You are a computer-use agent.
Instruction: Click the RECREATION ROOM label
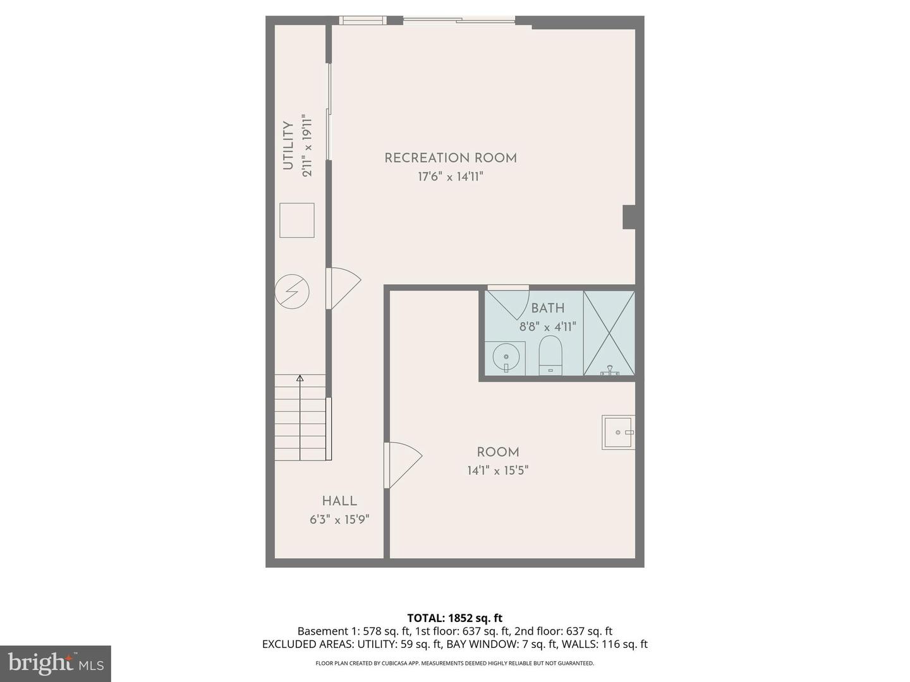(451, 158)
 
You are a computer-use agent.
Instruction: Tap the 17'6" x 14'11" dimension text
(451, 177)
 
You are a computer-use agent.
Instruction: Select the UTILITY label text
(288, 146)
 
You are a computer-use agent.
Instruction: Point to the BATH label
(547, 308)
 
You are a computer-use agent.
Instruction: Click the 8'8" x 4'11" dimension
(547, 327)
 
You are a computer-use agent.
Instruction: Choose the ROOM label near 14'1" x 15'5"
(498, 452)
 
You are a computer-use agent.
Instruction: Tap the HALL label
(339, 501)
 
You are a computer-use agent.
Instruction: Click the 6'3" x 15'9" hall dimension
(339, 520)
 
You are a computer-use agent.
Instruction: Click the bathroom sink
(506, 358)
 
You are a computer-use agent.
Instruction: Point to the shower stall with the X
(609, 333)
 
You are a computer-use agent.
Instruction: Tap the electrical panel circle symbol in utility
(292, 291)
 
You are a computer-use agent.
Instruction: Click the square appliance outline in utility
(296, 220)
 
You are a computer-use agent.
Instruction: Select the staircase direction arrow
(300, 379)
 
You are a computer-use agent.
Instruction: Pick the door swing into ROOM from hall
(402, 464)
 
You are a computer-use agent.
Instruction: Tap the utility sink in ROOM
(617, 433)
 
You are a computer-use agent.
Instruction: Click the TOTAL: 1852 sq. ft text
(455, 618)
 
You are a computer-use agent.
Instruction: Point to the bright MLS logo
(56, 663)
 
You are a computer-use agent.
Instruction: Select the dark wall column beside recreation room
(629, 217)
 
